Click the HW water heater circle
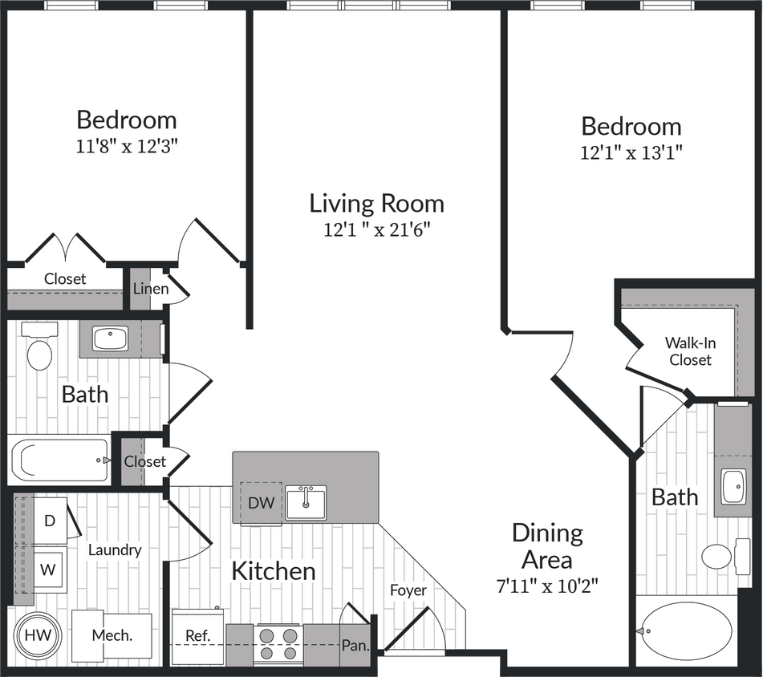coord(36,634)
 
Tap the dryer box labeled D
coord(50,520)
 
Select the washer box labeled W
coord(49,570)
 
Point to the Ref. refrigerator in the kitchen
coord(197,636)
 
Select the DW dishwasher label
coord(261,503)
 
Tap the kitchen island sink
coord(306,502)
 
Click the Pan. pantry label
coord(354,644)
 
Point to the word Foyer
coord(408,590)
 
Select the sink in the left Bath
coord(110,338)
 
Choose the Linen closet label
coord(151,288)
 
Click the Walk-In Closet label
coord(690,351)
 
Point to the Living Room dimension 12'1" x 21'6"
coord(377,230)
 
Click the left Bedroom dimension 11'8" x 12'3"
coord(127,147)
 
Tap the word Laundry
coord(115,549)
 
